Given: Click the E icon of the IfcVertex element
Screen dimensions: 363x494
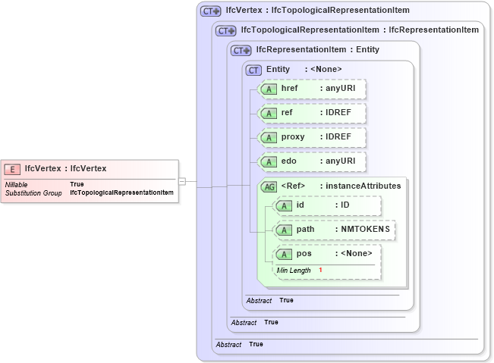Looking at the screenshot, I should coord(13,169).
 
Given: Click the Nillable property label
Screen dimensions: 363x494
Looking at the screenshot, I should coord(17,184).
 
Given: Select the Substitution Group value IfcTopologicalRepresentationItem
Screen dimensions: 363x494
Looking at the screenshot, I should coord(121,192).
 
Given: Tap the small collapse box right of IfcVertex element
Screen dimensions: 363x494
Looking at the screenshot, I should coord(182,181).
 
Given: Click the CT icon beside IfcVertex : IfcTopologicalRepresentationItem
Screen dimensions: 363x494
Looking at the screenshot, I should coord(210,11).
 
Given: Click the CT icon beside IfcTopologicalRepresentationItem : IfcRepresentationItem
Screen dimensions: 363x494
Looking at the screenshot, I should coord(225,30).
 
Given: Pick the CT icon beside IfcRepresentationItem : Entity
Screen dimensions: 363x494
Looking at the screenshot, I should coord(241,50).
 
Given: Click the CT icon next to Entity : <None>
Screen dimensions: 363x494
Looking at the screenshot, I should coord(254,70).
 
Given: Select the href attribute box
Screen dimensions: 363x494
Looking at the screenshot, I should coord(313,89).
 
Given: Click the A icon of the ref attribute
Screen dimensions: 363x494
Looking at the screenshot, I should coord(269,113).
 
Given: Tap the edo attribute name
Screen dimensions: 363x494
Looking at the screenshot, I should coord(288,161).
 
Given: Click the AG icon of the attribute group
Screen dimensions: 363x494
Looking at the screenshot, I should coord(269,186).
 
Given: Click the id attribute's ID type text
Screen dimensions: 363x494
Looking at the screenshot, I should coord(345,205).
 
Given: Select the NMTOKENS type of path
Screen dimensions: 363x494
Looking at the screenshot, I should coord(365,230).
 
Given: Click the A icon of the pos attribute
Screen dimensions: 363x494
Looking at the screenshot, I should coord(284,254).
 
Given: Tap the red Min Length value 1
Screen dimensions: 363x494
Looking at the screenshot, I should coord(320,271).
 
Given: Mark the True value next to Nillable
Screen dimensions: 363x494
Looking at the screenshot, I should coord(77,184).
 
